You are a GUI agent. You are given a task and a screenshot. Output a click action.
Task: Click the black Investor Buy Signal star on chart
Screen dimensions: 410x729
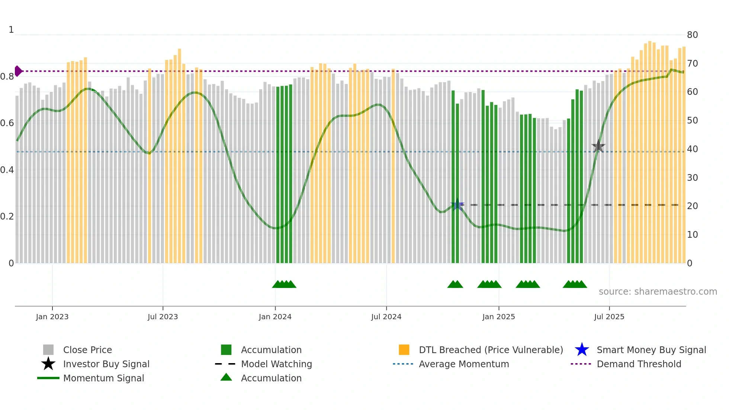click(598, 147)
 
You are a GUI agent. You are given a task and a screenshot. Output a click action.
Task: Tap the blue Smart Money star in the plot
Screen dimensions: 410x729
click(457, 205)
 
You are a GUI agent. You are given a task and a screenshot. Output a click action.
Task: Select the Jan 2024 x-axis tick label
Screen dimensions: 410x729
click(275, 317)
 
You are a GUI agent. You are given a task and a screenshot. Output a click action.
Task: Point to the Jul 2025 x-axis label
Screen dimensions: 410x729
click(609, 317)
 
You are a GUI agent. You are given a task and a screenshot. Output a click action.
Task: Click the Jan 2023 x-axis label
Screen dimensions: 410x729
click(52, 317)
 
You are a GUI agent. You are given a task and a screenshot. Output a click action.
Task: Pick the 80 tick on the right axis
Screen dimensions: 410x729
click(692, 35)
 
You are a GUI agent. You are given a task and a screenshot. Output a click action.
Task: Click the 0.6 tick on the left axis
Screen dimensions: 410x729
click(7, 123)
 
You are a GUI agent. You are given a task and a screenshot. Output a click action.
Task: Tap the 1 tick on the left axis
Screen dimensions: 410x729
click(11, 30)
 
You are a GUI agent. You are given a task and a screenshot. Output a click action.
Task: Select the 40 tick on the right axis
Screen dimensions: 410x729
click(692, 149)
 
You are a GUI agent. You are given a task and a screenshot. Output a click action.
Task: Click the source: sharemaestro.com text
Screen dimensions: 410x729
click(658, 292)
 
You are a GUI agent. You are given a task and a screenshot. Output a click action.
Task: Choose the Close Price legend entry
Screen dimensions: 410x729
click(87, 350)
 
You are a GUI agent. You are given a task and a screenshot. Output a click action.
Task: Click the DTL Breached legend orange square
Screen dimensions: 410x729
click(404, 350)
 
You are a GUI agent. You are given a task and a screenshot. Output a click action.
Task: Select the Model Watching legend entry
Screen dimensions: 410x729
click(276, 364)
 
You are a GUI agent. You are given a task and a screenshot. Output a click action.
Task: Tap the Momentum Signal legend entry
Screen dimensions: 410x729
click(103, 378)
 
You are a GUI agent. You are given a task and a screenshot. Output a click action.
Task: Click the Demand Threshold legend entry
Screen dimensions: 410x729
click(639, 364)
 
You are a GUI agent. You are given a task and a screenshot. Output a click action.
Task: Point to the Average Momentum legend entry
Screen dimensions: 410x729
click(463, 364)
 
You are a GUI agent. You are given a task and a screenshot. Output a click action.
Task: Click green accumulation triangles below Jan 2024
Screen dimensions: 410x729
click(284, 284)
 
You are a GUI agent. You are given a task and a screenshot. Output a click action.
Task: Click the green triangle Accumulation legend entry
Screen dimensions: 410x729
click(226, 378)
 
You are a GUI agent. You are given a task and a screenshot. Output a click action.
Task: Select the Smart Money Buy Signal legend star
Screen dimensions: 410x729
click(582, 350)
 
